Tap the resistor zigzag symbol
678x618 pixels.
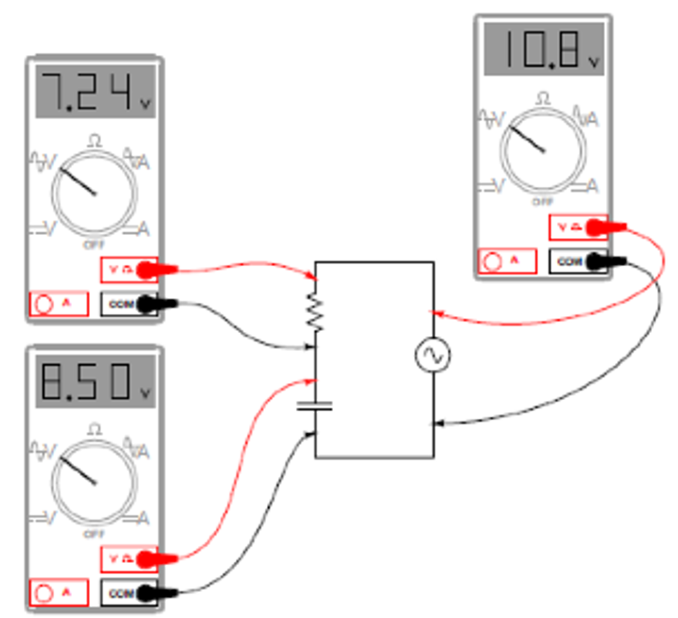[315, 313]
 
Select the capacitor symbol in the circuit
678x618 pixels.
[315, 405]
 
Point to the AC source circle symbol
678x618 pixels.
[433, 355]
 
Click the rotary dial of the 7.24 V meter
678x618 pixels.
[95, 193]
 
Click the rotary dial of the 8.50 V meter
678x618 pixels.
[95, 483]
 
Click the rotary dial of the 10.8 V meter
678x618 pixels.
[543, 150]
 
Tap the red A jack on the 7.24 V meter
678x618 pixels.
[58, 304]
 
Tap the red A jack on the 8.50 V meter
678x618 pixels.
[58, 593]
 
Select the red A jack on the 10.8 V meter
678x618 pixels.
[507, 261]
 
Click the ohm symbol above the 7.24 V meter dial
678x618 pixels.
[95, 140]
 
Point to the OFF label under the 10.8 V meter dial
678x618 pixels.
[543, 202]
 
